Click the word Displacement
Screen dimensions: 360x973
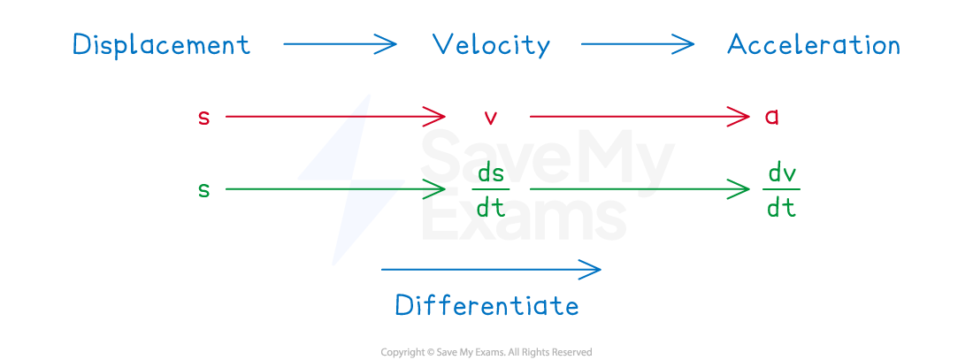[161, 45]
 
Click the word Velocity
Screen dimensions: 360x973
[491, 45]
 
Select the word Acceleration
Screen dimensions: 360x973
[813, 45]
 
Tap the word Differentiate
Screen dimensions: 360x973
[486, 305]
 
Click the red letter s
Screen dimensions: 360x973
[204, 117]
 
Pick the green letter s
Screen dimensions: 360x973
[204, 189]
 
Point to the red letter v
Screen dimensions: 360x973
[492, 117]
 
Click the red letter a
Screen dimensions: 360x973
[771, 117]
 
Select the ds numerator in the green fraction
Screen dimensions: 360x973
[491, 172]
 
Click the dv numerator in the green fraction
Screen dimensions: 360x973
[781, 172]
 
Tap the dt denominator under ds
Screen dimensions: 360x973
[491, 208]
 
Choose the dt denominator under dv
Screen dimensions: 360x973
[781, 208]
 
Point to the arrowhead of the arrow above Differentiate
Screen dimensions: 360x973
[593, 269]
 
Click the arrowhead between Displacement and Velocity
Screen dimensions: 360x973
[389, 43]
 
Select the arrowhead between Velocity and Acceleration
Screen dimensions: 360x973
[686, 43]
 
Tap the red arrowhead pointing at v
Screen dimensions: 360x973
[437, 116]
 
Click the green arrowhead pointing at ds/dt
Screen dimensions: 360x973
[437, 188]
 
